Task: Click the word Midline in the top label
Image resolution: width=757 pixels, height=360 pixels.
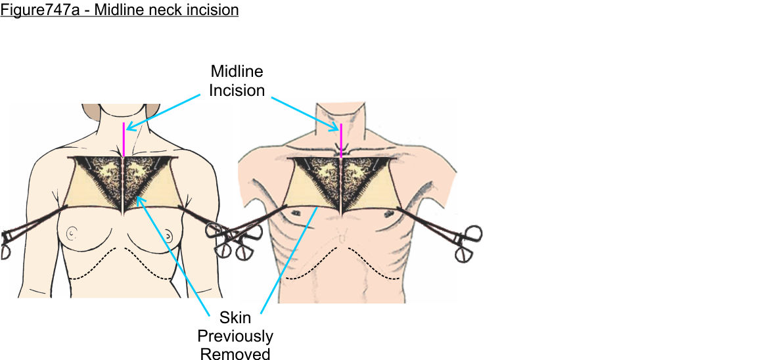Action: (237, 72)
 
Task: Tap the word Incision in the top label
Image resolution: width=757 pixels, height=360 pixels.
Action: (237, 90)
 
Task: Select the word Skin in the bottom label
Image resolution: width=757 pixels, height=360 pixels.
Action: (235, 317)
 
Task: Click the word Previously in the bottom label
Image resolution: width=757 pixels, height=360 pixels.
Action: (235, 336)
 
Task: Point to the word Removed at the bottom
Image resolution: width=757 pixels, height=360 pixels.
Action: (235, 353)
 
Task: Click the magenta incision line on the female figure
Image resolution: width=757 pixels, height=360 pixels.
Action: (124, 140)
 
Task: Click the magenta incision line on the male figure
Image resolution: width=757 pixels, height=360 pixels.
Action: (341, 141)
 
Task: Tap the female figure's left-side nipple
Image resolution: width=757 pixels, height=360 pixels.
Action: (72, 234)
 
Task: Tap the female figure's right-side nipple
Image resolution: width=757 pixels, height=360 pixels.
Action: (168, 235)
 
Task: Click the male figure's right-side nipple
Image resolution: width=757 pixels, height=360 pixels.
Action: (387, 214)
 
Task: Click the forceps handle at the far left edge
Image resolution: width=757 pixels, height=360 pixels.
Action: (7, 244)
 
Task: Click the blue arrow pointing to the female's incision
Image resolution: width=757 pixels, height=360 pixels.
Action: (163, 112)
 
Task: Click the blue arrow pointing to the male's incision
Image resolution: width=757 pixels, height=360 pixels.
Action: (305, 114)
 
